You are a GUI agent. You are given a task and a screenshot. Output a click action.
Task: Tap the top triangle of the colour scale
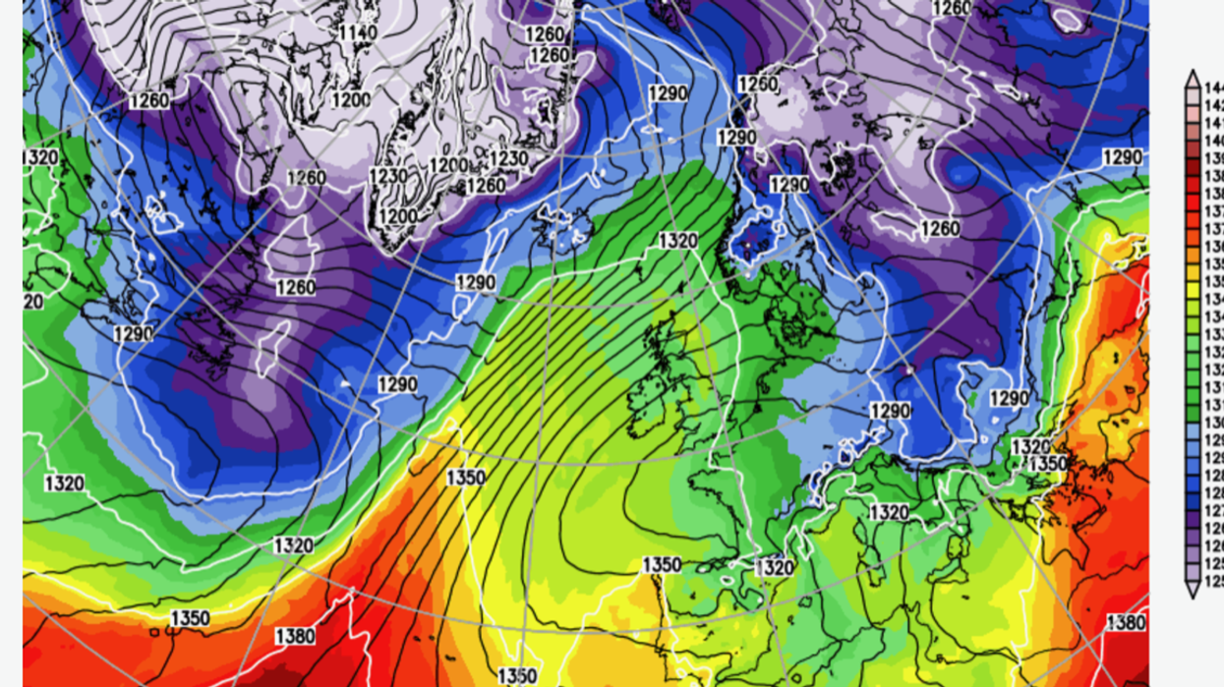pyautogui.click(x=1192, y=79)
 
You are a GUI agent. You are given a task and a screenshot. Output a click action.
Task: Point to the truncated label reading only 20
pyautogui.click(x=33, y=302)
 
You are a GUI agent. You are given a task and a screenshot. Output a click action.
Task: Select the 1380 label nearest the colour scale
pyautogui.click(x=1126, y=621)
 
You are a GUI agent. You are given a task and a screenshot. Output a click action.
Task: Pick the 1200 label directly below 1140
pyautogui.click(x=351, y=99)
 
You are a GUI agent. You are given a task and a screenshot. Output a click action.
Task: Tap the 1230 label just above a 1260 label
pyautogui.click(x=508, y=158)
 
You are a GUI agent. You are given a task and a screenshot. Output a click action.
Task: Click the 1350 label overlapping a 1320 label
pyautogui.click(x=1047, y=462)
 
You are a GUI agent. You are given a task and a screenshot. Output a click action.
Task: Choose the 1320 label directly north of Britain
pyautogui.click(x=678, y=240)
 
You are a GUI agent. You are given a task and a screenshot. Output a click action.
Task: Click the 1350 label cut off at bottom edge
pyautogui.click(x=516, y=675)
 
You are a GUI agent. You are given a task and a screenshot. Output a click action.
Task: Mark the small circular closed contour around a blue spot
pyautogui.click(x=962, y=175)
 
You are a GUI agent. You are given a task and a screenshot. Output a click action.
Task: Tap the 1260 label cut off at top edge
pyautogui.click(x=951, y=8)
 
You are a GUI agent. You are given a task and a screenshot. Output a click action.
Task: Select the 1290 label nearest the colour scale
pyautogui.click(x=1122, y=157)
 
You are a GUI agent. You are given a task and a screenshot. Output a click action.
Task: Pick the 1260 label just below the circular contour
pyautogui.click(x=939, y=229)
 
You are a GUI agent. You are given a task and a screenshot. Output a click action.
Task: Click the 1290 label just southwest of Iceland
pyautogui.click(x=477, y=282)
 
